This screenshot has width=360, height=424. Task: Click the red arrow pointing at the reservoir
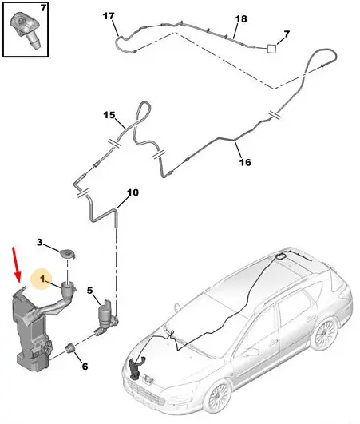17,264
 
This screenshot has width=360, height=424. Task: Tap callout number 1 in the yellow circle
42,279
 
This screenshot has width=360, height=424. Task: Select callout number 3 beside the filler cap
39,242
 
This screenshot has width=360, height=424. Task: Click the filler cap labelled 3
67,254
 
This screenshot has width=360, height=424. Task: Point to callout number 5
89,291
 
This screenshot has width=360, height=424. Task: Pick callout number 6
85,367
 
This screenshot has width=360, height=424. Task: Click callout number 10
133,192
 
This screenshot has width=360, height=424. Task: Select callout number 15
109,115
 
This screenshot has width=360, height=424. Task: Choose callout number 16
245,162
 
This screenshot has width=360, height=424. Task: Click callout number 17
109,16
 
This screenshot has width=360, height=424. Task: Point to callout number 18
241,18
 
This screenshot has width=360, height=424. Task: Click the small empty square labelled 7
271,49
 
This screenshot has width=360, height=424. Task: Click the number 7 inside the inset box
44,8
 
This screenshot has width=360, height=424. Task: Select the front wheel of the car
218,395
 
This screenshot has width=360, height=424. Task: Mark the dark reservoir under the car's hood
136,367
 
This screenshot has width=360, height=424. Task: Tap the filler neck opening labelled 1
69,284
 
